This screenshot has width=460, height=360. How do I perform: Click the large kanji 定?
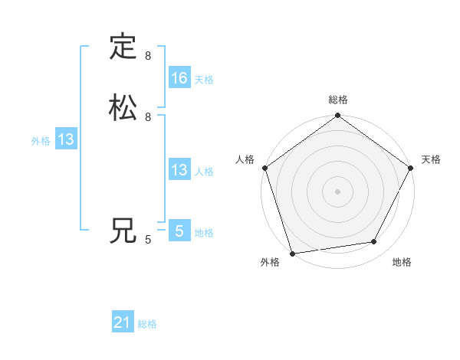click(123, 47)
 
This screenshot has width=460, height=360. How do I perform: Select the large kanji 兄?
click(123, 231)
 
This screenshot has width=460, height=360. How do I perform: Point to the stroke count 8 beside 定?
click(148, 56)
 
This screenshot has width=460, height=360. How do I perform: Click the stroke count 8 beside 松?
click(148, 117)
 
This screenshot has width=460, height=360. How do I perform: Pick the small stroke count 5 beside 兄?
click(148, 240)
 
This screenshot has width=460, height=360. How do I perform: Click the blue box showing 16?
click(179, 78)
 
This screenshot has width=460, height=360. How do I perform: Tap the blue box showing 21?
click(123, 323)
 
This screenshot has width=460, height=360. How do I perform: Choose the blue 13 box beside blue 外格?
click(66, 139)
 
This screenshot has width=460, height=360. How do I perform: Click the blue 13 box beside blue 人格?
click(179, 170)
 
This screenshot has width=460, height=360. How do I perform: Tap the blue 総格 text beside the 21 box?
click(147, 324)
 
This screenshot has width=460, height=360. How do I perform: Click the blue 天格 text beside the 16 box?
click(204, 79)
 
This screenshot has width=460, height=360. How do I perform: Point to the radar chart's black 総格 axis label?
click(338, 100)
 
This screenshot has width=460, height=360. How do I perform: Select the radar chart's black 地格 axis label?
click(402, 263)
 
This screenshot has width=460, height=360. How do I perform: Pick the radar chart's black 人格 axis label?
click(245, 159)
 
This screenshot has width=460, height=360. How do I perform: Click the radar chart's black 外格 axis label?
click(270, 263)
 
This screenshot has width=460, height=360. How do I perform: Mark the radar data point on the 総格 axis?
click(338, 116)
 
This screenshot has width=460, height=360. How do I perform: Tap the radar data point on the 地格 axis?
click(374, 242)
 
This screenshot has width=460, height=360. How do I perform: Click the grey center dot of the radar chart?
click(338, 191)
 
